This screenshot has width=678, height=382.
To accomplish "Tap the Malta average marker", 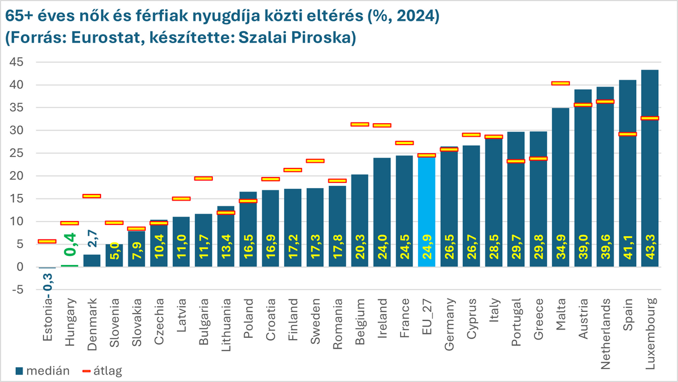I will click(560, 83).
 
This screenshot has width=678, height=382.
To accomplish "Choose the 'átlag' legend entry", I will click(102, 371).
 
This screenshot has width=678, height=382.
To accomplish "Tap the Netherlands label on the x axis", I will click(605, 322).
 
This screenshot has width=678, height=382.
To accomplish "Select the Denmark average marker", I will click(92, 196).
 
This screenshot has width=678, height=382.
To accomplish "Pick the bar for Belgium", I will click(359, 220).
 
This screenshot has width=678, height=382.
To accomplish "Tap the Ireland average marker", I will click(382, 125).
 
